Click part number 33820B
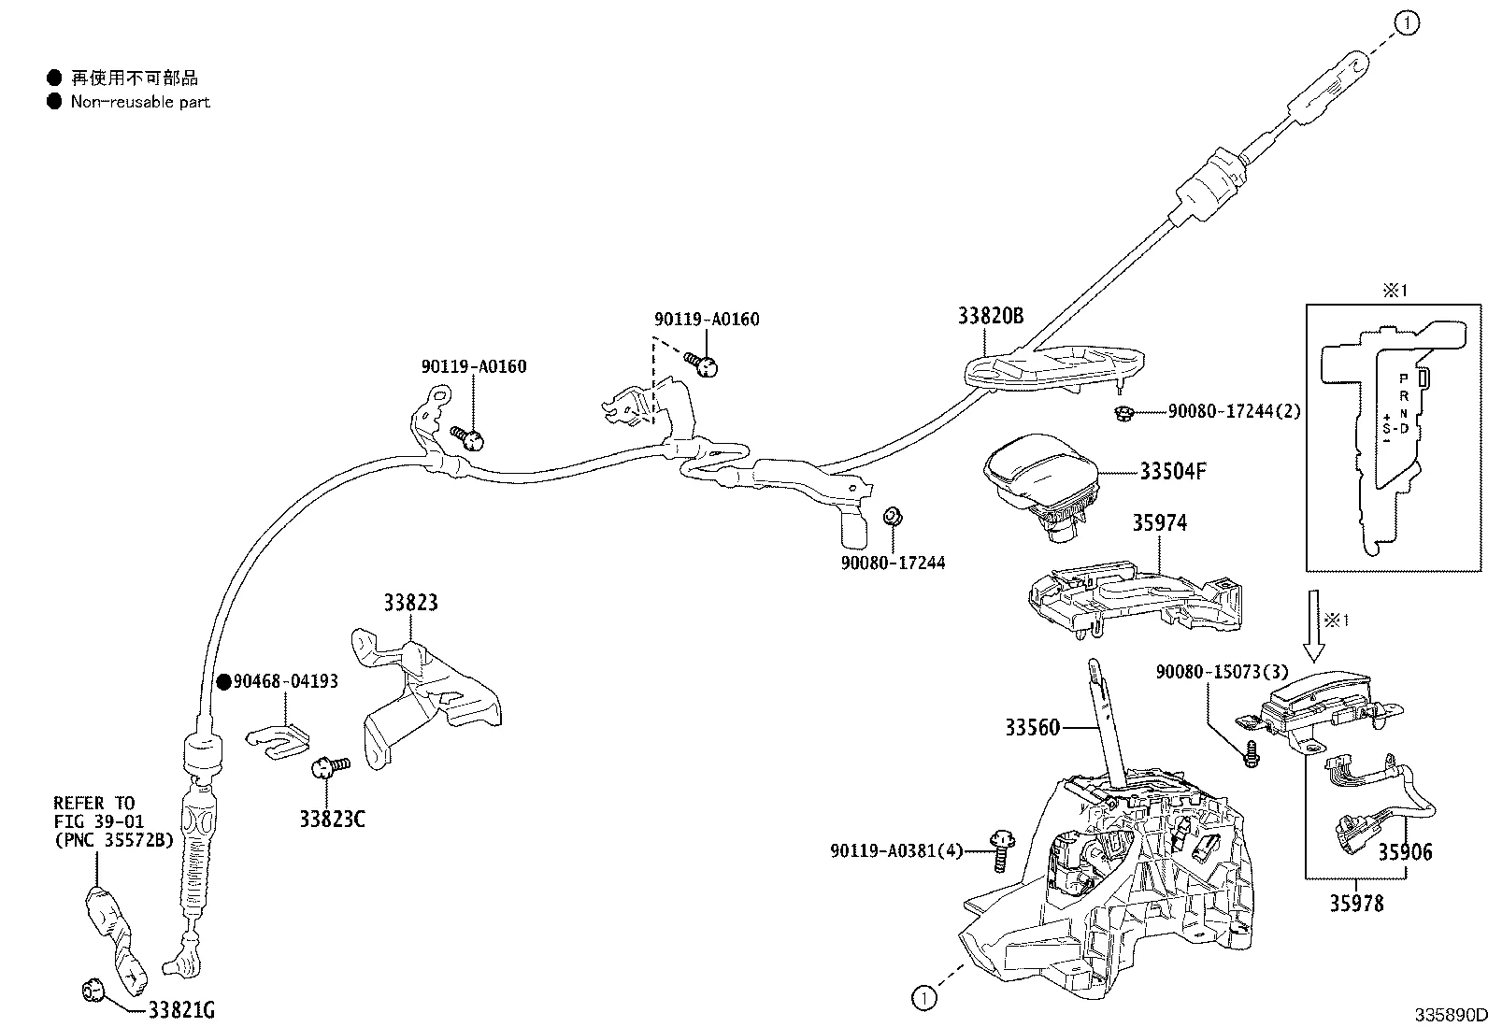click(x=990, y=316)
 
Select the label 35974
click(x=1159, y=522)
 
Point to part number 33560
click(x=1033, y=727)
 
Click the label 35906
click(x=1404, y=851)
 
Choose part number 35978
click(x=1356, y=904)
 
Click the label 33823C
click(x=332, y=820)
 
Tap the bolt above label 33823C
click(x=327, y=766)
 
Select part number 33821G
click(x=181, y=1009)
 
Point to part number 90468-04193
click(x=285, y=681)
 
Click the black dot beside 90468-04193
click(x=223, y=682)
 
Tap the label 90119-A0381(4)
click(x=895, y=850)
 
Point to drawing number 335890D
click(x=1450, y=1015)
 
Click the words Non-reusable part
click(x=140, y=102)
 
